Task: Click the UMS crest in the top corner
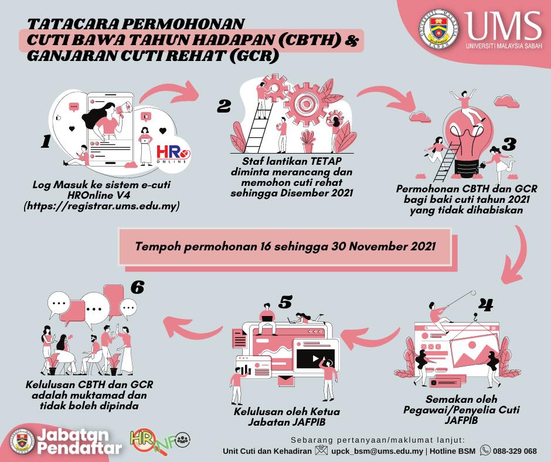[439, 29]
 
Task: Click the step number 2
[223, 106]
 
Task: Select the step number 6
[137, 287]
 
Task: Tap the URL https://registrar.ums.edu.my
[101, 206]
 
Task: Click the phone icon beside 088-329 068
[485, 450]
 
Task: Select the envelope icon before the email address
[321, 450]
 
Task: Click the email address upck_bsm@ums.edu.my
[377, 451]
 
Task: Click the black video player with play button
[315, 359]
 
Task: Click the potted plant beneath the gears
[308, 141]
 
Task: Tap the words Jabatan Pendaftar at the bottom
[79, 441]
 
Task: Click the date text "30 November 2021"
[383, 246]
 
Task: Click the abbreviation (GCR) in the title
[254, 56]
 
